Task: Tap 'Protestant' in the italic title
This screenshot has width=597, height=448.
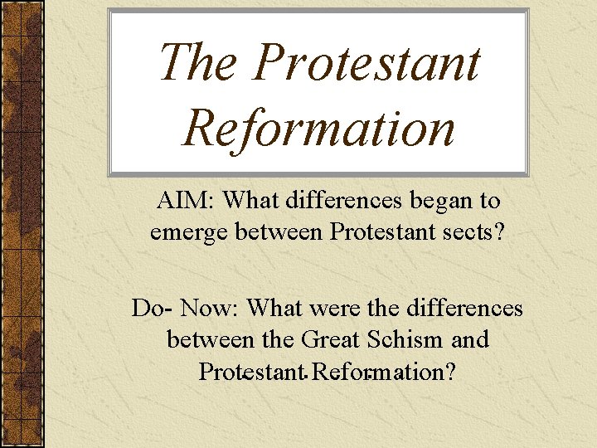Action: [x=367, y=63]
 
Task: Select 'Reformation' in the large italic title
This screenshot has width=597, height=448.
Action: [x=319, y=128]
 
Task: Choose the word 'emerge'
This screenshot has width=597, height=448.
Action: [x=188, y=231]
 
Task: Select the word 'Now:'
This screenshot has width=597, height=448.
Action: [x=210, y=309]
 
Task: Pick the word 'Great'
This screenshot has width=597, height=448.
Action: [x=332, y=339]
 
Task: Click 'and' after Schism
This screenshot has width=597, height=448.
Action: [x=470, y=339]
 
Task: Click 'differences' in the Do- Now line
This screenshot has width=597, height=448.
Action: [x=464, y=309]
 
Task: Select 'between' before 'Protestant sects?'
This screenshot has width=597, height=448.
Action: [x=280, y=231]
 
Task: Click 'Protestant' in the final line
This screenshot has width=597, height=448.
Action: [x=251, y=371]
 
